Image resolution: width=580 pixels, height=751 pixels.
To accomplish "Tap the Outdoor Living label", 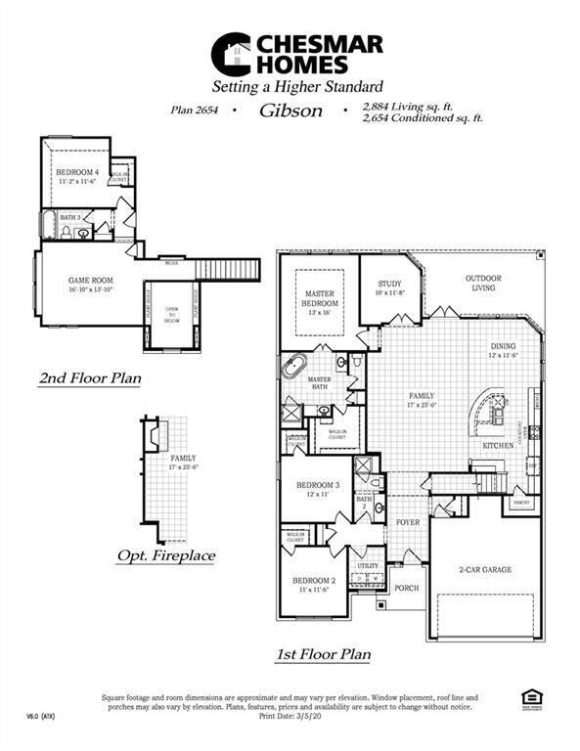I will pos(483,283).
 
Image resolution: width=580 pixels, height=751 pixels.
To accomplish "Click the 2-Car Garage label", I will pos(485,569).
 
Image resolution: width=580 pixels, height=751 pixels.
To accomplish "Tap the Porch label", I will pos(405,589).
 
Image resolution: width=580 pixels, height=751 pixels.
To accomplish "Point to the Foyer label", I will pos(407,523).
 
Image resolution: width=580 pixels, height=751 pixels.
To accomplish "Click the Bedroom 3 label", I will pos(318,489).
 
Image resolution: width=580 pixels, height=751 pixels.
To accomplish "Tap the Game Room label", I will pos(90,285).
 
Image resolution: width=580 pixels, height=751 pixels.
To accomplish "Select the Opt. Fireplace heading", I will pos(165,555).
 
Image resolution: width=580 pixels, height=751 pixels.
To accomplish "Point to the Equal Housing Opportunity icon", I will pos(533,696).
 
